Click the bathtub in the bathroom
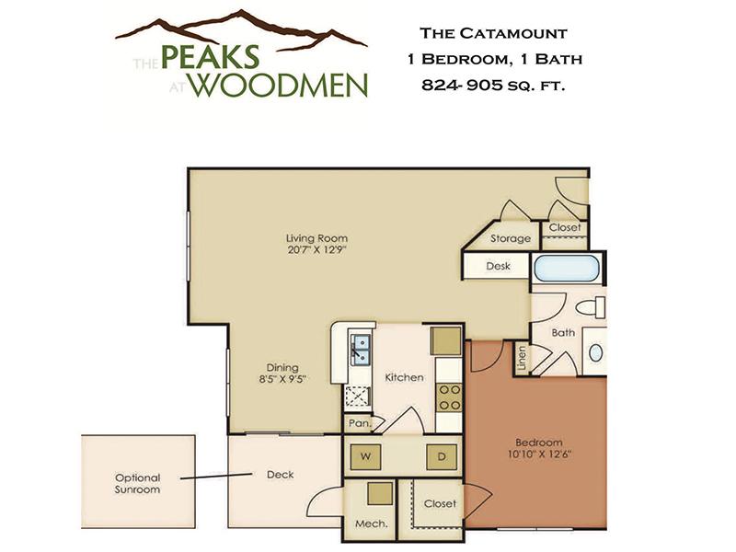pos(567,268)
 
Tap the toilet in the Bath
pos(591,307)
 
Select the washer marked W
pos(365,456)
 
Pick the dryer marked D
pos(442,456)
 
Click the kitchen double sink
pos(360,350)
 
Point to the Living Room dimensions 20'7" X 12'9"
pos(316,249)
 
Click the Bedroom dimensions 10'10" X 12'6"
pos(539,454)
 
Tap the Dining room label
pos(282,367)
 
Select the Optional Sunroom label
pos(137,483)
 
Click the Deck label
pos(281,475)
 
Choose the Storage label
pos(511,238)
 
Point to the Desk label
pos(498,266)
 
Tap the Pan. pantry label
pos(360,423)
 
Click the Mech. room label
pos(372,523)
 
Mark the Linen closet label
pos(522,359)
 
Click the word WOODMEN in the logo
pos(280,85)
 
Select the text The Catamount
pos(493,33)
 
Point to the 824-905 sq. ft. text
pos(493,85)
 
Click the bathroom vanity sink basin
pos(595,352)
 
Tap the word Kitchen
pos(404,377)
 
